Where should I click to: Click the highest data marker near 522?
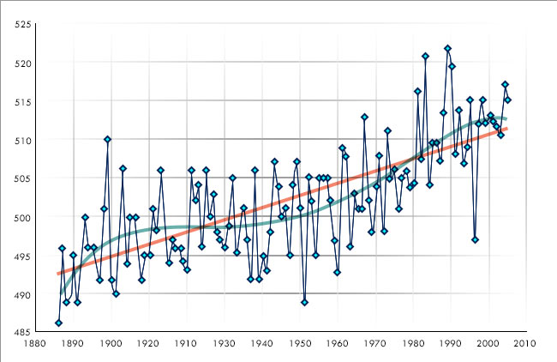click(447, 48)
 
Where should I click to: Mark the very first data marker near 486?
click(58, 323)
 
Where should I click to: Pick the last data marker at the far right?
click(507, 100)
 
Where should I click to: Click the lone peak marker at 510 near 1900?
click(107, 139)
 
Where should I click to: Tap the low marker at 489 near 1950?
click(304, 302)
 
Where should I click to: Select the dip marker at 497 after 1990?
click(475, 239)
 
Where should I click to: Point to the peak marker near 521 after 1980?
click(425, 56)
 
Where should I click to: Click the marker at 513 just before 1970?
click(364, 117)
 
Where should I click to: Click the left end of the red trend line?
click(58, 274)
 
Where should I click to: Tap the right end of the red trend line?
click(507, 129)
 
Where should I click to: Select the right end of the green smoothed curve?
click(506, 118)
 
